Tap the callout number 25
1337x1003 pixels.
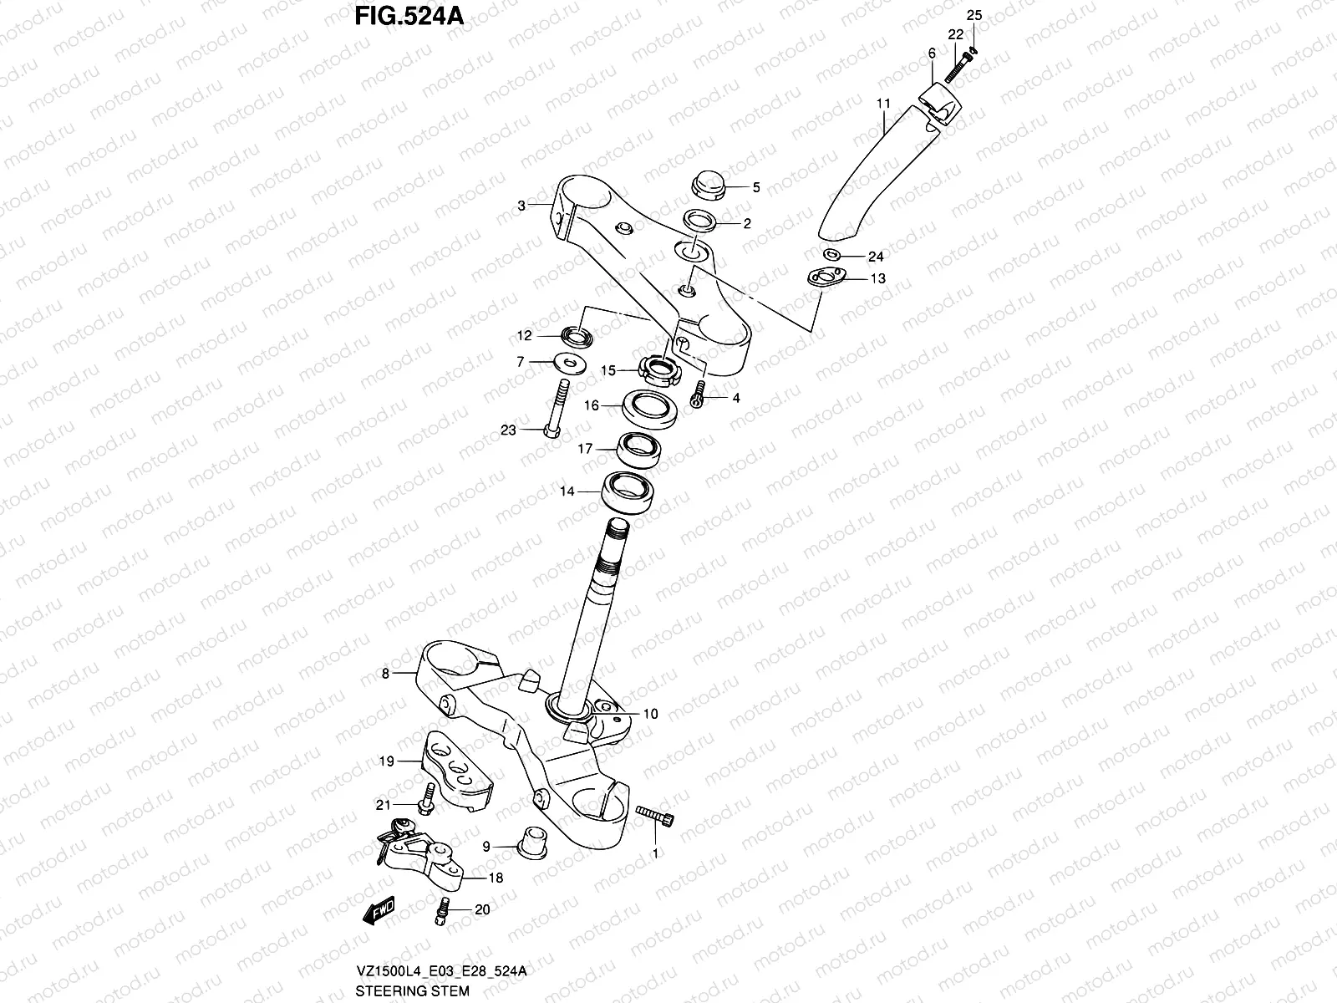tap(975, 15)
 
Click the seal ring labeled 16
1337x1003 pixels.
tap(648, 409)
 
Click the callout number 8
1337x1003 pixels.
tap(385, 673)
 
